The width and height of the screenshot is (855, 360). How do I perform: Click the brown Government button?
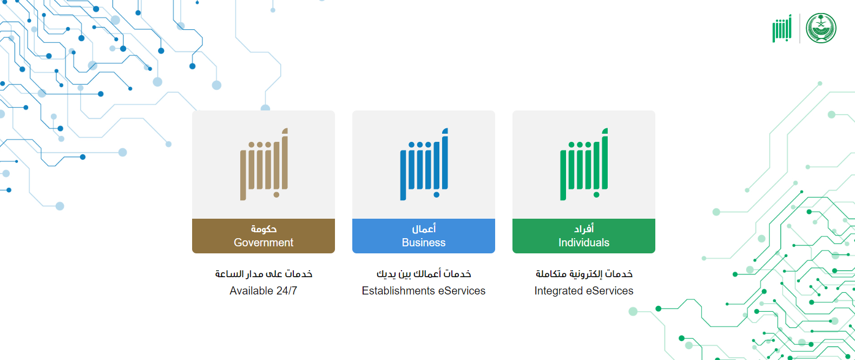point(264,236)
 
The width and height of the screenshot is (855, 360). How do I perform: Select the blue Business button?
point(424,236)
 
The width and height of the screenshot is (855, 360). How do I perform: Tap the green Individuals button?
point(583,236)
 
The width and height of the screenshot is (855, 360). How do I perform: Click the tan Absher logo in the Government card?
point(264,164)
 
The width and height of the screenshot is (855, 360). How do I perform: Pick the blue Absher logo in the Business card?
point(424,164)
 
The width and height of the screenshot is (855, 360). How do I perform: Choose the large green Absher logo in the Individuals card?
point(583,164)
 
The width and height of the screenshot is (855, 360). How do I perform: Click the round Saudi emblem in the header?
point(821,28)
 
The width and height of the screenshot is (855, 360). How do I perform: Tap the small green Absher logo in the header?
point(782,28)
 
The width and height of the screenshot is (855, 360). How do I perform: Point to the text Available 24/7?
point(264,291)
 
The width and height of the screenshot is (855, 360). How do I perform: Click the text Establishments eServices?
point(424,291)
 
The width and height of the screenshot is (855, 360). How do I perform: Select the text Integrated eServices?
point(583,291)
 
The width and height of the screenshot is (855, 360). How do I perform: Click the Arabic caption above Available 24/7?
point(264,274)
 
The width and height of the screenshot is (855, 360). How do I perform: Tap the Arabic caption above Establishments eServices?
point(424,274)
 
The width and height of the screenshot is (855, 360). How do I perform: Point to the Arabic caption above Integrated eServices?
point(584,274)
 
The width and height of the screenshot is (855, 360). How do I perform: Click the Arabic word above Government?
point(264,228)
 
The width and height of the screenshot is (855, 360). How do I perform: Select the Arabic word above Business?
point(424,228)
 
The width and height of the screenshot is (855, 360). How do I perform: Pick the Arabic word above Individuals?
point(584,228)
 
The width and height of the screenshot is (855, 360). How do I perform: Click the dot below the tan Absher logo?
point(277,195)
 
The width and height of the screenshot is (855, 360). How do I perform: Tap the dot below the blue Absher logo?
point(437,195)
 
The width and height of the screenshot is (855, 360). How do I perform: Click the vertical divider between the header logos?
point(800,28)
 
